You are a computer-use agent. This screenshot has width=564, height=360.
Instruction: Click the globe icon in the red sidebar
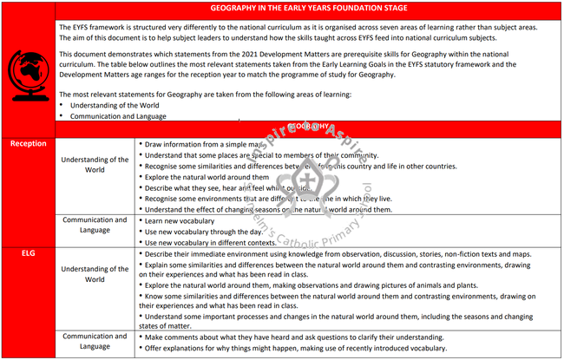pos(28,69)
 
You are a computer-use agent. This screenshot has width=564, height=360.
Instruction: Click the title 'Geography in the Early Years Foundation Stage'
pos(308,8)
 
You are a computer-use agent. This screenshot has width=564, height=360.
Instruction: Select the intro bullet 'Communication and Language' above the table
pos(113,116)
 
